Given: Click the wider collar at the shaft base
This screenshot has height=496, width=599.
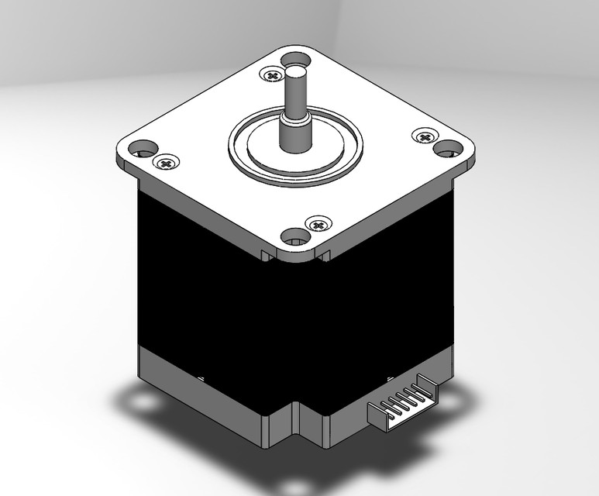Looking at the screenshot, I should (292, 133).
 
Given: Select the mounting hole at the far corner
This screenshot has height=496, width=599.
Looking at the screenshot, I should (294, 58).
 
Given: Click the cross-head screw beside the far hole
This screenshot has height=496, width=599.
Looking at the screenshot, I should (271, 75).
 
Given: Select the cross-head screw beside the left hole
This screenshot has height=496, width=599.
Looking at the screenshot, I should (165, 162).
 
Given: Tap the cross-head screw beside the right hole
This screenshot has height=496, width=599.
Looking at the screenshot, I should (424, 137).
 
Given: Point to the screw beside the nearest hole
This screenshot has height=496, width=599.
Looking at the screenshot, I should (317, 224).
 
